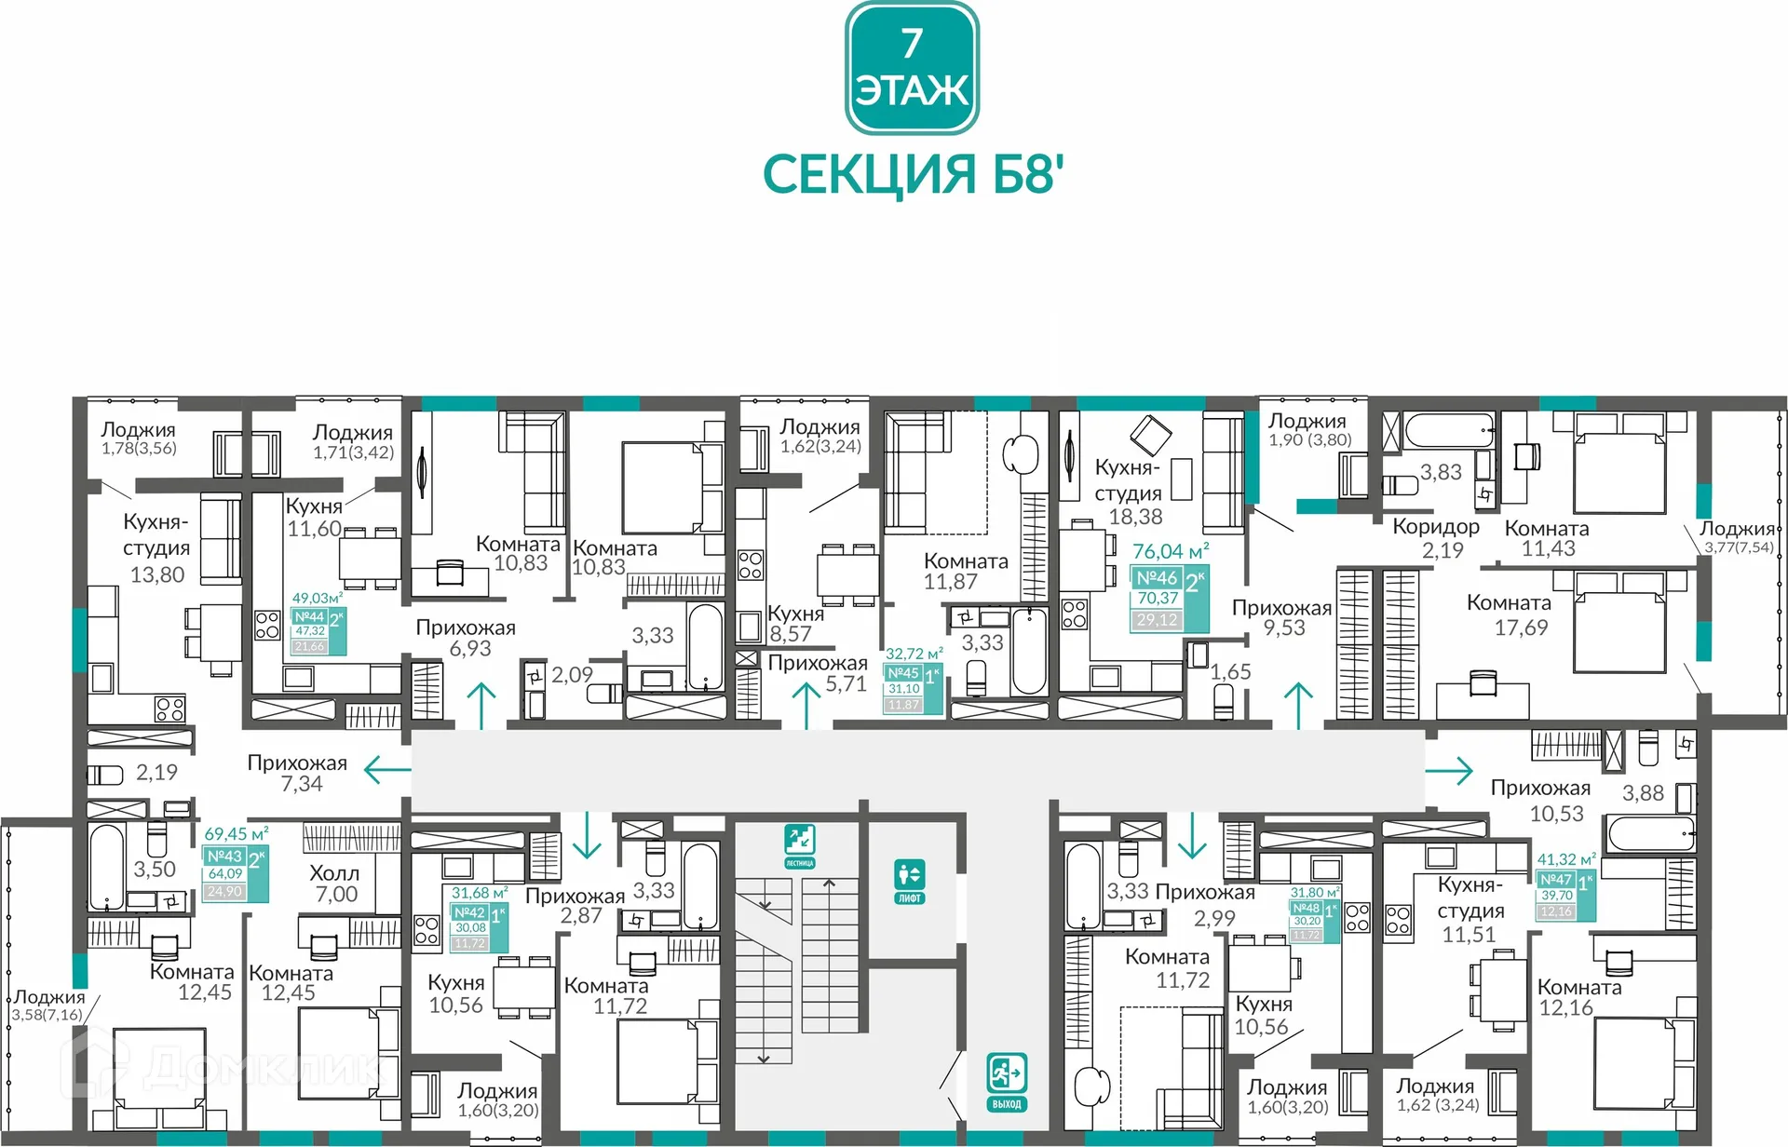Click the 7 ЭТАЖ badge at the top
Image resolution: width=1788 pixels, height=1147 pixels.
pyautogui.click(x=912, y=68)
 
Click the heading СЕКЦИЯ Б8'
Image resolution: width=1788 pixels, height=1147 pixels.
pyautogui.click(x=912, y=174)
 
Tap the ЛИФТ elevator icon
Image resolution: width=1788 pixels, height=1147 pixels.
pyautogui.click(x=909, y=881)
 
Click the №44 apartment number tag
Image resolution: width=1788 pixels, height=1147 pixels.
pyautogui.click(x=309, y=617)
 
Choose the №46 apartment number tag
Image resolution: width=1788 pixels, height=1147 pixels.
pyautogui.click(x=1157, y=578)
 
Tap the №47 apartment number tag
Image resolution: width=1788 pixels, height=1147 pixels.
pyautogui.click(x=1556, y=880)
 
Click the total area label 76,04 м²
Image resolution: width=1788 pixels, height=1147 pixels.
pyautogui.click(x=1171, y=551)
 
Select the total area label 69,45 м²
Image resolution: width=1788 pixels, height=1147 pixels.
pyautogui.click(x=236, y=834)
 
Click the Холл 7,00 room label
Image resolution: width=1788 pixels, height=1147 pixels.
pyautogui.click(x=335, y=884)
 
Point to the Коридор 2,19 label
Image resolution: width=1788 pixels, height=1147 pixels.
pyautogui.click(x=1437, y=538)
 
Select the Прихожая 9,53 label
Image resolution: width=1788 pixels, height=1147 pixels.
pyautogui.click(x=1282, y=617)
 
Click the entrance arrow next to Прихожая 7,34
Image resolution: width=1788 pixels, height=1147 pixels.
pyautogui.click(x=386, y=770)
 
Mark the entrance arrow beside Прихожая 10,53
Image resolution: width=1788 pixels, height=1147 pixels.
pyautogui.click(x=1450, y=770)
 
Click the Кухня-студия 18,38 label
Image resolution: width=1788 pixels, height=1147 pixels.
pyautogui.click(x=1130, y=492)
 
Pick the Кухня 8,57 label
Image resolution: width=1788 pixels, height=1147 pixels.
pyautogui.click(x=794, y=624)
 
